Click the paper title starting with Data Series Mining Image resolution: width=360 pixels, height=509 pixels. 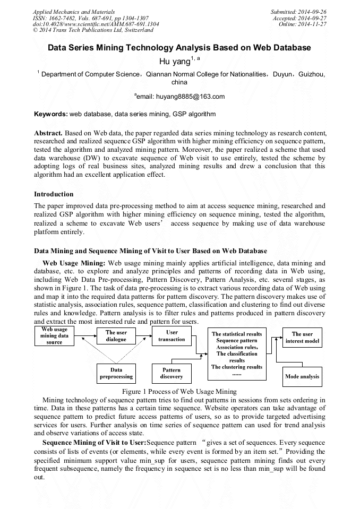(x=179, y=48)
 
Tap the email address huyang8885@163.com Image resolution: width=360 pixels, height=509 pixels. (x=179, y=96)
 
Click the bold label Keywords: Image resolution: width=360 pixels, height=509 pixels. (x=51, y=114)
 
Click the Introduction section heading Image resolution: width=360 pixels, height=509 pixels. (x=54, y=194)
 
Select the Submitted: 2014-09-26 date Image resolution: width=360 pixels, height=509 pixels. (x=298, y=11)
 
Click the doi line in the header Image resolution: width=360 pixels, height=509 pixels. (x=96, y=24)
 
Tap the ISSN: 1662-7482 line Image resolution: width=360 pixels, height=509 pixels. (x=90, y=18)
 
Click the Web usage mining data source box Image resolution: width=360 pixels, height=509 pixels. (x=55, y=335)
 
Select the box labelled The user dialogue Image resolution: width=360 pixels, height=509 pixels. (x=116, y=335)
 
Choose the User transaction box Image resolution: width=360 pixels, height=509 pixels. (x=172, y=335)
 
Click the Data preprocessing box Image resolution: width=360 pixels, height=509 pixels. (x=116, y=373)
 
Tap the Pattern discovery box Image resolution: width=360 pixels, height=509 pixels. (x=172, y=373)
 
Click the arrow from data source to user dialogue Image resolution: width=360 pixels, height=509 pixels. (x=86, y=335)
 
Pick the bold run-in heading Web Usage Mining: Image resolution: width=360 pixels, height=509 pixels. (x=74, y=263)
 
